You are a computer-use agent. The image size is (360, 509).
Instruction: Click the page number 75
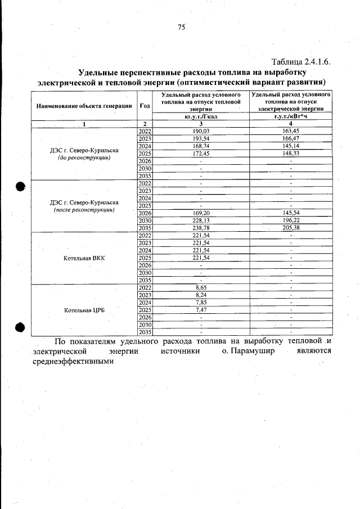[x=181, y=27]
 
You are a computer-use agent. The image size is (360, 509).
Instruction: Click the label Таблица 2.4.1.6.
[x=300, y=61]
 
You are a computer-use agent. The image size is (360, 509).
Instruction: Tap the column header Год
[x=145, y=105]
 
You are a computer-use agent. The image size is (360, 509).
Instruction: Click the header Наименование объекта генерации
[x=84, y=105]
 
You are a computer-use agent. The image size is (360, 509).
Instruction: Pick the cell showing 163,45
[x=291, y=130]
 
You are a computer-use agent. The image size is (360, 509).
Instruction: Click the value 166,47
[x=291, y=138]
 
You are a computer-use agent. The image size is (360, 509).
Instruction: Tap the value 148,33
[x=291, y=152]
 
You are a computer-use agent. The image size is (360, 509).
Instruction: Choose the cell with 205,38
[x=291, y=228]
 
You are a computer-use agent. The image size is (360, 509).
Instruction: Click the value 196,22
[x=291, y=220]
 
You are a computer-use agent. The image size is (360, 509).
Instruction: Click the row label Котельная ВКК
[x=84, y=258]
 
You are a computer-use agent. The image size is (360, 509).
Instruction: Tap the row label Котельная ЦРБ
[x=84, y=310]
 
